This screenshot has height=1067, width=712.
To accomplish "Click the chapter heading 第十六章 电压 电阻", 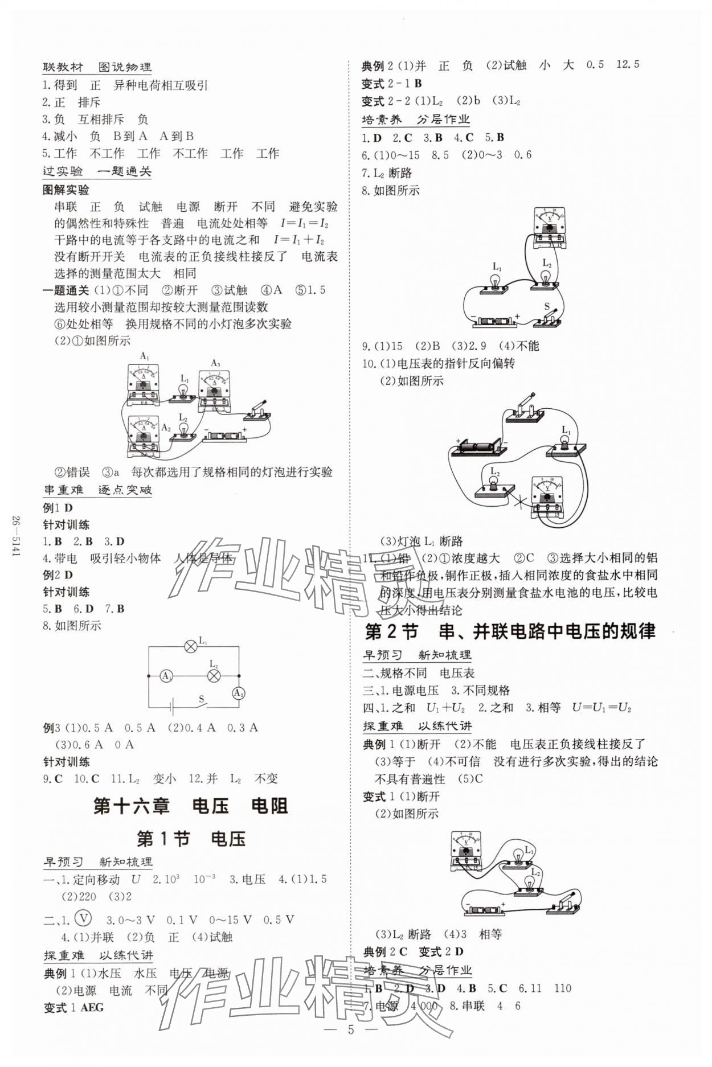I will [x=190, y=806].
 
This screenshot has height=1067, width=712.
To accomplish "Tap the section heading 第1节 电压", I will [x=191, y=839].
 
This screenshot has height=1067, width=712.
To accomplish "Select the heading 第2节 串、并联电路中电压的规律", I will [x=510, y=631].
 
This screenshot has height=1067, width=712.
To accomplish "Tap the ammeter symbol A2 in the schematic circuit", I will [x=238, y=693].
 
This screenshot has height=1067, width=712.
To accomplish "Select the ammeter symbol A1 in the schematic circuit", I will [x=166, y=676].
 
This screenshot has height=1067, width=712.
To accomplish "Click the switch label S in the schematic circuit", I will [x=201, y=699].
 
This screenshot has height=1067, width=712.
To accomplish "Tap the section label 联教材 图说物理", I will [x=97, y=67].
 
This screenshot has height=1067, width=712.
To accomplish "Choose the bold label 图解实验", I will [x=66, y=190].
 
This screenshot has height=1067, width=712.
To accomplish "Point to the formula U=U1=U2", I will [x=601, y=708].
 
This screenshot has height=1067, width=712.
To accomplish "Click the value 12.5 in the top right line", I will [x=628, y=64].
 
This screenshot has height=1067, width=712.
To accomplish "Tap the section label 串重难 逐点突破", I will [x=97, y=490].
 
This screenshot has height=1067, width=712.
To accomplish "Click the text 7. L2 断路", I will [x=387, y=173].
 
